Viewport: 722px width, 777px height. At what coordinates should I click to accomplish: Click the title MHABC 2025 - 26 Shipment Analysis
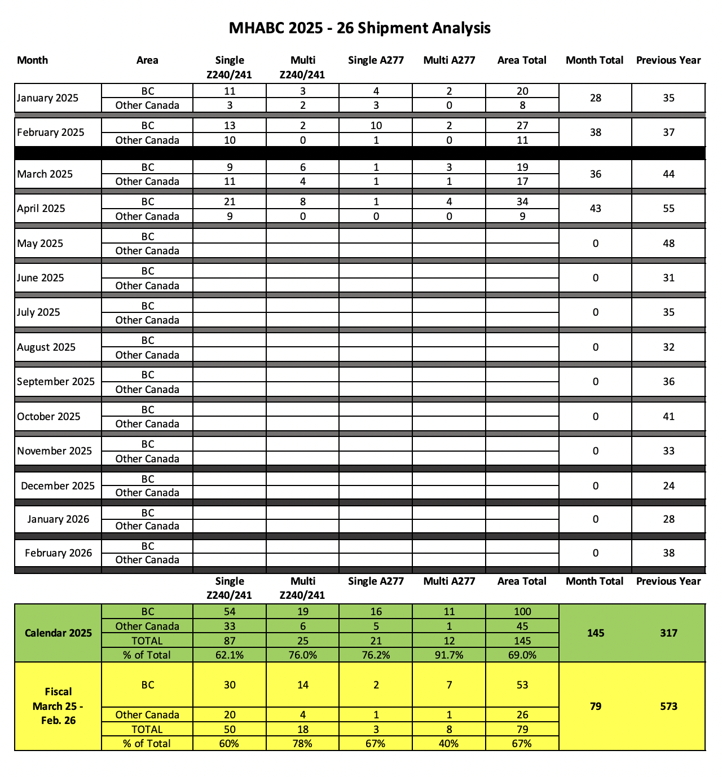359,28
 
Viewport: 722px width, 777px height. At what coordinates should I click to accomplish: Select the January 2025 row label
47,98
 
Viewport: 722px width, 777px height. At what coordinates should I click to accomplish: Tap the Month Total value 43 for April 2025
595,209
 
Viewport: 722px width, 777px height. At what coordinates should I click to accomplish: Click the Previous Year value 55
668,209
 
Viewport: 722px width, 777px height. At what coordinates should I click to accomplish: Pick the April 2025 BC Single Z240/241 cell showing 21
230,202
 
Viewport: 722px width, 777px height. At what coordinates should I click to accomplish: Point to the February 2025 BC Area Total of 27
522,126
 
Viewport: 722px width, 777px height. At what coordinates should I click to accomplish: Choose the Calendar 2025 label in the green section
58,633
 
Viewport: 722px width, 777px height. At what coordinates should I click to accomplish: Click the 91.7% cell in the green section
449,655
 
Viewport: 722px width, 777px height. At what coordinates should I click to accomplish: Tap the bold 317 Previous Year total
668,633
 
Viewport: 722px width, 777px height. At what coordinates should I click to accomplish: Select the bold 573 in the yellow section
668,707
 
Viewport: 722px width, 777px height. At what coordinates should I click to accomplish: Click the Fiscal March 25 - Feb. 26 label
58,706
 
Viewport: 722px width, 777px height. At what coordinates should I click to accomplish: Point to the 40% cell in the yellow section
449,744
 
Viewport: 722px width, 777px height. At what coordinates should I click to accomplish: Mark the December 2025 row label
58,486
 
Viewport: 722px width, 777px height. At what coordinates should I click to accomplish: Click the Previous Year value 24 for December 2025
668,486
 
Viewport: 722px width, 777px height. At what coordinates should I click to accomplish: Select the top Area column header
147,60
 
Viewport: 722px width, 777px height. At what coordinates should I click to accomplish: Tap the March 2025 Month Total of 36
595,174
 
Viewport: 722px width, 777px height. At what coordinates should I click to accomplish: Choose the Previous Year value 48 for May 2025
668,244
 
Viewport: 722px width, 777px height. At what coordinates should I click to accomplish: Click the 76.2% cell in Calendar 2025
376,655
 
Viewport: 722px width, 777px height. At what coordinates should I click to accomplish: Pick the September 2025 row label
56,382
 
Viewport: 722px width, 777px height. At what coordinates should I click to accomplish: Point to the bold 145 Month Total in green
595,633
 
